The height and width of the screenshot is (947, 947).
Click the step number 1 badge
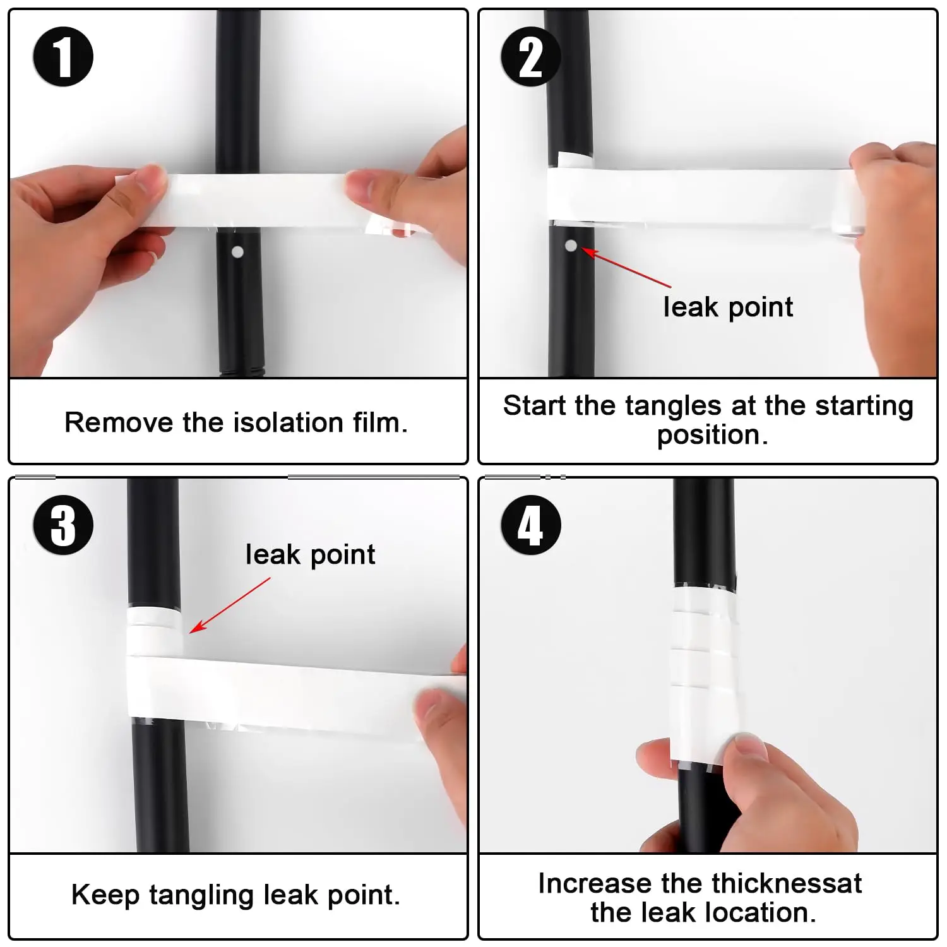[63, 57]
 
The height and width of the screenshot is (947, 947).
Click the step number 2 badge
[530, 57]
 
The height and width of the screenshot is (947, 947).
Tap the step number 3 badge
[63, 525]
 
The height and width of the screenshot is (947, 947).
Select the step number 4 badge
[530, 525]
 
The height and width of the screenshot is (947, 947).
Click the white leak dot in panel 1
[237, 252]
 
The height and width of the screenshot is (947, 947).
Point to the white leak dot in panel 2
[571, 246]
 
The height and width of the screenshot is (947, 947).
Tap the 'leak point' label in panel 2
[727, 307]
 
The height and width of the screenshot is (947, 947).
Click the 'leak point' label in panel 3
[310, 555]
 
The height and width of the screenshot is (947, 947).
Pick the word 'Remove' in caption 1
[118, 422]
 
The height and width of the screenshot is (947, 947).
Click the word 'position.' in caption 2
[712, 435]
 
